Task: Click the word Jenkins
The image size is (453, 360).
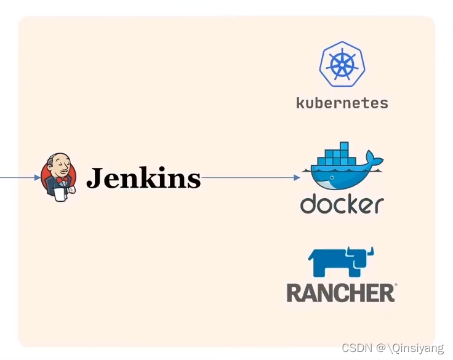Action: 143,178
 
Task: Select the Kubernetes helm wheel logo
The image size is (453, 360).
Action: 342,65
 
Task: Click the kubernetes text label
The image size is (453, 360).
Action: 342,103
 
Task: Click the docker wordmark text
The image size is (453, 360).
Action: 342,204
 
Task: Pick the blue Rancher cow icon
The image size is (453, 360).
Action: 341,262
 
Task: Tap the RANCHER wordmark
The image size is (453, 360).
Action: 341,292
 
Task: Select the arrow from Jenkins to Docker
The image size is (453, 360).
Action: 249,178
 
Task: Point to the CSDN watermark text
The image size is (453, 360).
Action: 357,348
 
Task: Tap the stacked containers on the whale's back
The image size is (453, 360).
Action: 335,154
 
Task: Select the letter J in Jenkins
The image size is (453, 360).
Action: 94,178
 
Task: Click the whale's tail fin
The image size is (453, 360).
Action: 374,160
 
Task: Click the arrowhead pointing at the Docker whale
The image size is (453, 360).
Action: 297,178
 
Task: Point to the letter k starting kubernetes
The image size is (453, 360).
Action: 300,103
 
